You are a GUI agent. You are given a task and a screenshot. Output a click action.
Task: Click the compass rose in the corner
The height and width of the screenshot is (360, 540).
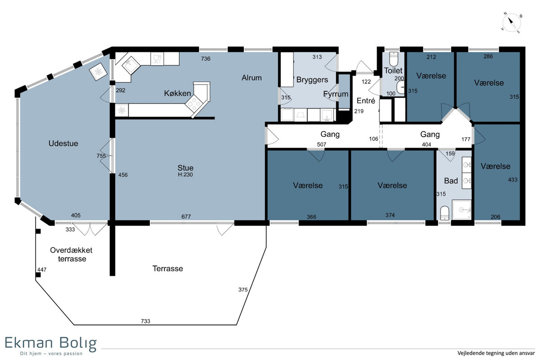(511, 23)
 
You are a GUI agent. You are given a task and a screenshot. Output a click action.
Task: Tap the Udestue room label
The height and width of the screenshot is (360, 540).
(63, 144)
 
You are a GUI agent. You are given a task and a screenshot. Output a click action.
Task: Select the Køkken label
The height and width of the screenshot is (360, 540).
(177, 93)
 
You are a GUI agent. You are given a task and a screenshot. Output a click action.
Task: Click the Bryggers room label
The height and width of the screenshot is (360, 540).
(312, 80)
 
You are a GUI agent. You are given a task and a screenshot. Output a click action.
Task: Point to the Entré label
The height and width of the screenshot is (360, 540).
(366, 100)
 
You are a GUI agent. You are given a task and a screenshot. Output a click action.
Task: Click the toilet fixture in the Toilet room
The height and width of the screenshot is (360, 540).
(394, 59)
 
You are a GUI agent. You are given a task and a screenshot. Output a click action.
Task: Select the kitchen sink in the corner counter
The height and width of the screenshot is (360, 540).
(131, 65)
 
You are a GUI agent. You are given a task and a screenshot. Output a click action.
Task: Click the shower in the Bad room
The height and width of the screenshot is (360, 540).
(462, 210)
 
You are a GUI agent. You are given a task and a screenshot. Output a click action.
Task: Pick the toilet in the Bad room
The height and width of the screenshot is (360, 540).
(445, 213)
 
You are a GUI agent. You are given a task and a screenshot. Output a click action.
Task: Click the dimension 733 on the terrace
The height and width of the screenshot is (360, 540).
(146, 321)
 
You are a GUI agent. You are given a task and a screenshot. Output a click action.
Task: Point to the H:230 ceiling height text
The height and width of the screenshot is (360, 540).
(185, 175)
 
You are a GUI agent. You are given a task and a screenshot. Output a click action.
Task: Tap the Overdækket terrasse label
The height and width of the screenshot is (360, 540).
(72, 254)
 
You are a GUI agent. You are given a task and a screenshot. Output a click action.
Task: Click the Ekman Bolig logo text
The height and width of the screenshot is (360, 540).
(50, 343)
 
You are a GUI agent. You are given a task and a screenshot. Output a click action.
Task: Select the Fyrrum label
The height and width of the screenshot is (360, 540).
(336, 94)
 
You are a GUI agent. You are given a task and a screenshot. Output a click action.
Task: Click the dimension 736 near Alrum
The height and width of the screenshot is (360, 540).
(206, 58)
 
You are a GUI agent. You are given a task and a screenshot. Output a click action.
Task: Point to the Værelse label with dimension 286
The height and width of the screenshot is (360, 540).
(489, 83)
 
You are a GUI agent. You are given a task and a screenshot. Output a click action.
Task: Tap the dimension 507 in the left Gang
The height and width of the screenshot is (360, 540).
(322, 144)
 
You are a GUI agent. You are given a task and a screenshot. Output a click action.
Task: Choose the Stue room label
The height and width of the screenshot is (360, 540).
(185, 168)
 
